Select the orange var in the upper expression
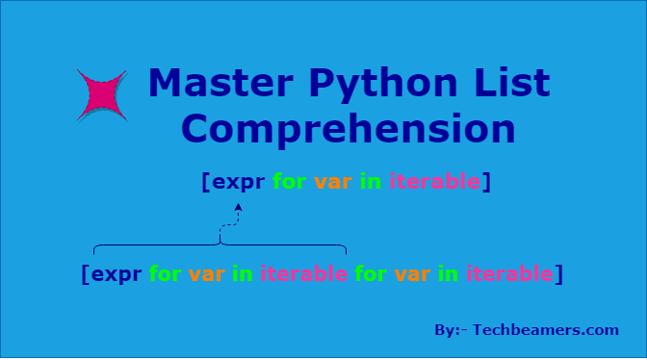click(x=333, y=181)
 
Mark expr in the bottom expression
click(x=116, y=274)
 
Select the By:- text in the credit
click(x=449, y=330)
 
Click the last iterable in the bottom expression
click(x=509, y=273)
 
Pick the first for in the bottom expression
click(x=166, y=273)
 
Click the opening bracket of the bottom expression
click(x=87, y=274)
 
